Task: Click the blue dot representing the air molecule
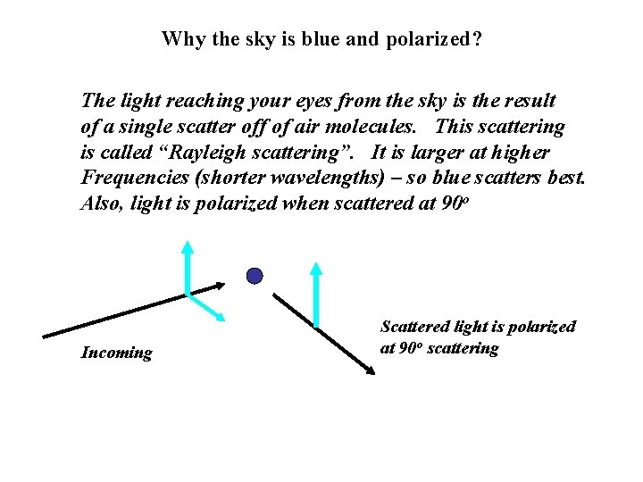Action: (255, 276)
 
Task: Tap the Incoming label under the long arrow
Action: (116, 353)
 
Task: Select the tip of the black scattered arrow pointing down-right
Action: (369, 370)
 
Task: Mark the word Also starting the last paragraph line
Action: (101, 204)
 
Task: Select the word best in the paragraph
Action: (564, 178)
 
